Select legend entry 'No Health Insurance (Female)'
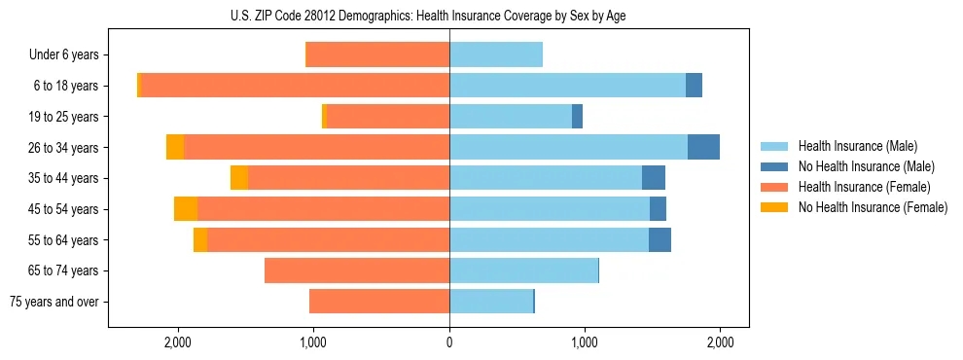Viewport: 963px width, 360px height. coord(873,207)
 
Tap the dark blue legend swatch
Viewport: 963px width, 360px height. coord(774,166)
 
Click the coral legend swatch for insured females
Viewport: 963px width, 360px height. coord(774,187)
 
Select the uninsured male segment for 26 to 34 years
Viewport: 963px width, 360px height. coord(703,147)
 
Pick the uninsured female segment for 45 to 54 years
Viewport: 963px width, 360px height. coord(186,209)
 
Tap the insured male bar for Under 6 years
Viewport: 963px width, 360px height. coord(495,54)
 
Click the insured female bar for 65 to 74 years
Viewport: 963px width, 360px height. coord(356,270)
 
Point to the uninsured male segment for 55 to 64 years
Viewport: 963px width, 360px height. coord(660,239)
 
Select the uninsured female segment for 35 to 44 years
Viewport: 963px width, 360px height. coord(239,178)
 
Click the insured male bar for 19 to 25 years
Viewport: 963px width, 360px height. coord(510,117)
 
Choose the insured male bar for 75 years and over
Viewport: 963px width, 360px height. coord(490,302)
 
